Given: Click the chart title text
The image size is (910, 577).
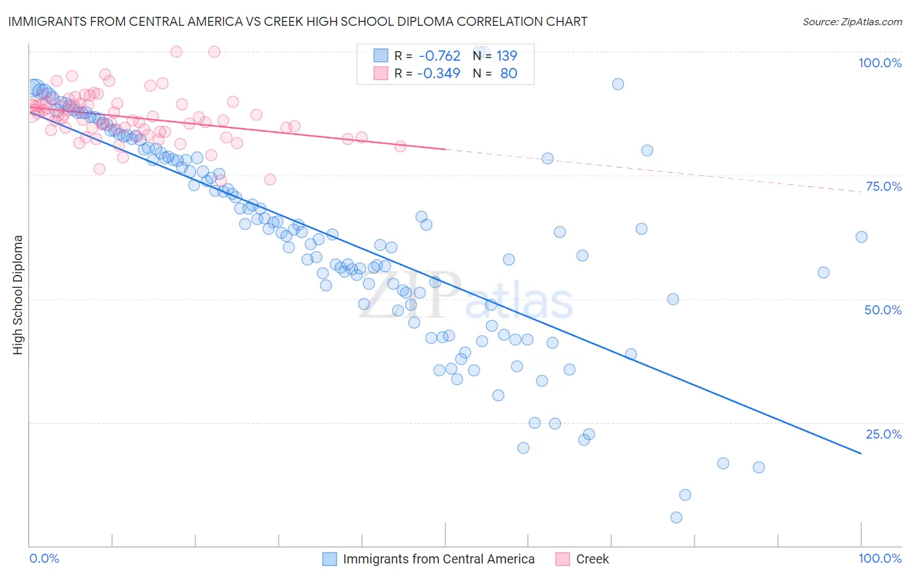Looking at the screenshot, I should (298, 21).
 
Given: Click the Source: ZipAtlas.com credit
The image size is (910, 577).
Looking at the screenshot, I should (852, 21).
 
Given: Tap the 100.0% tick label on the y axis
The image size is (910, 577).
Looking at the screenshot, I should (880, 63).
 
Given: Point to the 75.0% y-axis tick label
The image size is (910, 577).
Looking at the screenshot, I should (883, 186).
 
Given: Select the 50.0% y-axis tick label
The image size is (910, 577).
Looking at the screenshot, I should (883, 310).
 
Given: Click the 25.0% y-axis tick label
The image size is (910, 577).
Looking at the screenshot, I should (883, 434).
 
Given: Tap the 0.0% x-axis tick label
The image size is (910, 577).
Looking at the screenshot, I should (44, 558).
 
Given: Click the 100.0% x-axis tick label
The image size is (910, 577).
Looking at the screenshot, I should (880, 558).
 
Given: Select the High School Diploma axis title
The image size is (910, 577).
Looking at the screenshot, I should (18, 294).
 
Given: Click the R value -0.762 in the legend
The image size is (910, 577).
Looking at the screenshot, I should (439, 56).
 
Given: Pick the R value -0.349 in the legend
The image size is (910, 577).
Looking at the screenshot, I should (439, 73).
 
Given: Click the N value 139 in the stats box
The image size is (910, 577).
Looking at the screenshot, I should (507, 56).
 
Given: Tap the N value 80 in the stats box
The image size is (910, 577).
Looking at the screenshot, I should (509, 73).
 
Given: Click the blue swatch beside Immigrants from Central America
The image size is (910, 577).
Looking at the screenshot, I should (329, 559).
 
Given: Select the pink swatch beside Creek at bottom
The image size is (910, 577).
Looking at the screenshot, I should (562, 559).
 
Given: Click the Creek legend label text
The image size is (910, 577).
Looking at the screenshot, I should (592, 559).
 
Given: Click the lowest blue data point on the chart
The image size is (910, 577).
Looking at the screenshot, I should (676, 517).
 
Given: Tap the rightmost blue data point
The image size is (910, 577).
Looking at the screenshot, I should (861, 237).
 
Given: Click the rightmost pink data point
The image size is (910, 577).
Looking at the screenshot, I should (401, 146).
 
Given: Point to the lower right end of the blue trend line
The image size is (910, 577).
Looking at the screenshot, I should (861, 453).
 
